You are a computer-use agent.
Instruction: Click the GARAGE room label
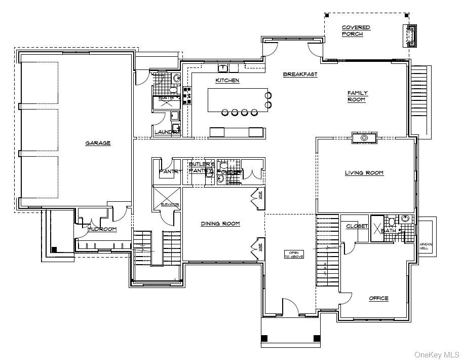[x=98, y=143]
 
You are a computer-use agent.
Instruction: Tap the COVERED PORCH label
[x=356, y=30]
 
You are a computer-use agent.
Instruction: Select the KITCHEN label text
[x=227, y=81]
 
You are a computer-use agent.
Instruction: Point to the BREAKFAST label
[x=300, y=75]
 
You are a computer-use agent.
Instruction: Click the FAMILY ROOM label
[x=357, y=96]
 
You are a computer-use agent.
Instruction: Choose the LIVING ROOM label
[x=364, y=173]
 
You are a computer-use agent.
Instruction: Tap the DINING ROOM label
[x=220, y=224]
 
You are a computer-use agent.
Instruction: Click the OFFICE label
[x=378, y=298]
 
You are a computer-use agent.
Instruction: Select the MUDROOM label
[x=102, y=229]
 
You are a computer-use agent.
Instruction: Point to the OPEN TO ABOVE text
[x=293, y=254]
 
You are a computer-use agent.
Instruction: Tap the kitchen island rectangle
[x=238, y=100]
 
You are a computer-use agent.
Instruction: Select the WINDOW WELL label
[x=425, y=246]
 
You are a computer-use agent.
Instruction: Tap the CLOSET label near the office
[x=357, y=226]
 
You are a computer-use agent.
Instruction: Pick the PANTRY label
[x=170, y=172]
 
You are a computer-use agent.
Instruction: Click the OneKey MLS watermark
[x=437, y=354]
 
